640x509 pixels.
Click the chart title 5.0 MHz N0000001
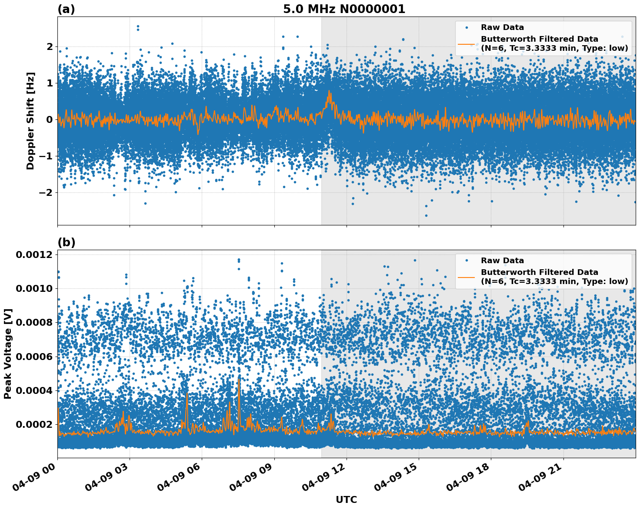click(344, 9)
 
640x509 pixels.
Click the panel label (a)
click(66, 9)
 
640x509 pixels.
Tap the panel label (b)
click(66, 242)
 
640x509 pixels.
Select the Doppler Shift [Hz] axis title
click(30, 121)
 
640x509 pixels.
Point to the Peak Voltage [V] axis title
click(8, 354)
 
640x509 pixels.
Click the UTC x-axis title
click(346, 499)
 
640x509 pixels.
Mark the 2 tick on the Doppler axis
click(50, 46)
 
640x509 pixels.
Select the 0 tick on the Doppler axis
click(50, 119)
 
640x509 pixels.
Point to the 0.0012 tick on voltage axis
click(34, 254)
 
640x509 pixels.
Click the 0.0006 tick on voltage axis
click(34, 357)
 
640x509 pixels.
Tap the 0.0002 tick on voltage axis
click(34, 424)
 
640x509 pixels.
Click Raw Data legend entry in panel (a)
click(502, 27)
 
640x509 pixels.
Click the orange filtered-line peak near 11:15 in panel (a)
click(330, 91)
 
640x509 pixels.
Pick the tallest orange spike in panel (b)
click(239, 380)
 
